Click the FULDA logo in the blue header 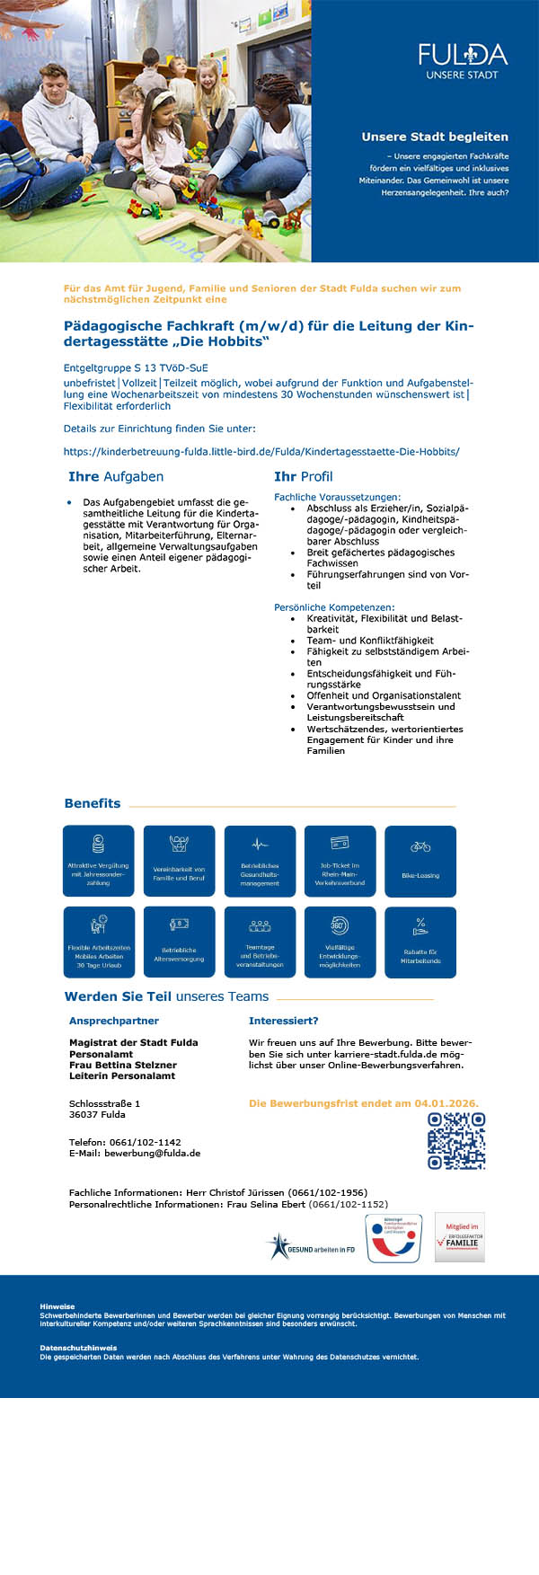[x=463, y=61]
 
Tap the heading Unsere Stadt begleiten [x=435, y=137]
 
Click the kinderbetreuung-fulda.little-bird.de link [x=261, y=452]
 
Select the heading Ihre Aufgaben [x=116, y=477]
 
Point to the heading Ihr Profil [x=303, y=477]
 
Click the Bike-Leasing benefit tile [x=420, y=861]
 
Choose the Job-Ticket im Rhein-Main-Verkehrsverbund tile [x=340, y=861]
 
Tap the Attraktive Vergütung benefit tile [x=98, y=861]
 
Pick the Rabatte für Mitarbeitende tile [x=420, y=942]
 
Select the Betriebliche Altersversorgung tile [x=179, y=942]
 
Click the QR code [x=456, y=1141]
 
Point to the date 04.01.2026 [x=446, y=1103]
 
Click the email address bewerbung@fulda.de [x=152, y=1154]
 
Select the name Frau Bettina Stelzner [x=123, y=1065]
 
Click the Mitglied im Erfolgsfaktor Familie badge [x=460, y=1237]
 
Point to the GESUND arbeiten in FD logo [x=311, y=1247]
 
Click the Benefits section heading [x=93, y=804]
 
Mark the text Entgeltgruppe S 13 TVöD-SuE [x=136, y=368]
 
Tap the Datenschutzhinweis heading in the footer [x=78, y=1349]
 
